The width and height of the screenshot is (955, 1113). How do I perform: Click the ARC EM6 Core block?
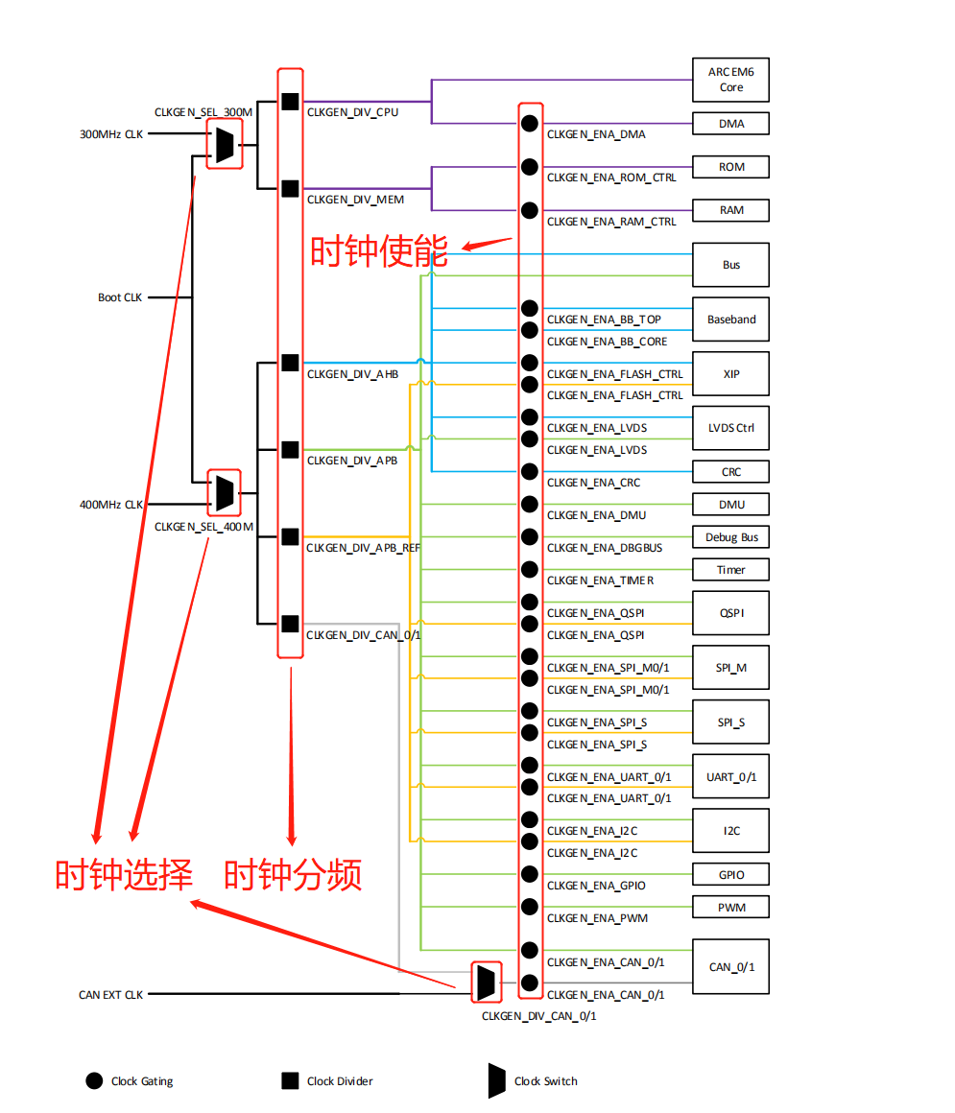click(x=730, y=80)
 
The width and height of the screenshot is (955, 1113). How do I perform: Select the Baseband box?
click(x=730, y=320)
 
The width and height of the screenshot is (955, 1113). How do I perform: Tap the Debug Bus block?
click(x=730, y=537)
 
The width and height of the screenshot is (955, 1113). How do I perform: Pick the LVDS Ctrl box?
click(x=730, y=428)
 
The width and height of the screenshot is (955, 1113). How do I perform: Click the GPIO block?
click(x=730, y=875)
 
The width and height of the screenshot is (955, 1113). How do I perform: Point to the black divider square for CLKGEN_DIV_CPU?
click(x=290, y=101)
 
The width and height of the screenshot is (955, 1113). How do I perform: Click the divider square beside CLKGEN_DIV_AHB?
click(x=290, y=362)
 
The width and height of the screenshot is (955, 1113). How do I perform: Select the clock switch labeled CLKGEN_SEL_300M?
click(x=224, y=145)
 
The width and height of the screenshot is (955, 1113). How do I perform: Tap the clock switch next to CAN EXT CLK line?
click(x=487, y=981)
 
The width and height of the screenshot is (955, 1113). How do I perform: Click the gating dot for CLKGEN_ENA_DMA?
click(x=530, y=123)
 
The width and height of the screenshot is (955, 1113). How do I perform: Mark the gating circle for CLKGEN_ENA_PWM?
click(x=530, y=907)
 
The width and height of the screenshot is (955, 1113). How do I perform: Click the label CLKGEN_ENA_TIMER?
click(x=600, y=580)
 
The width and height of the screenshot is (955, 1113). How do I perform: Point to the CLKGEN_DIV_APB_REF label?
click(x=363, y=548)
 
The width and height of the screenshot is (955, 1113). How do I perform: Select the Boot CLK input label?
click(x=120, y=297)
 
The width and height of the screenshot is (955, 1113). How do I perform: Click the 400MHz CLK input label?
click(x=110, y=505)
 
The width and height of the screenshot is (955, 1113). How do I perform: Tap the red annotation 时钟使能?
click(x=378, y=251)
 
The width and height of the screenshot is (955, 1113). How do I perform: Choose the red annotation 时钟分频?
click(x=293, y=875)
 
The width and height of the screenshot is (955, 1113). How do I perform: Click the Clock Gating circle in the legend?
click(x=94, y=1081)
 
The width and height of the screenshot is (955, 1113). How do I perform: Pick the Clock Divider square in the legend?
click(x=290, y=1081)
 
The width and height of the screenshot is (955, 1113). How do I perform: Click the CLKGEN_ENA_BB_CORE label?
click(x=607, y=342)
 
